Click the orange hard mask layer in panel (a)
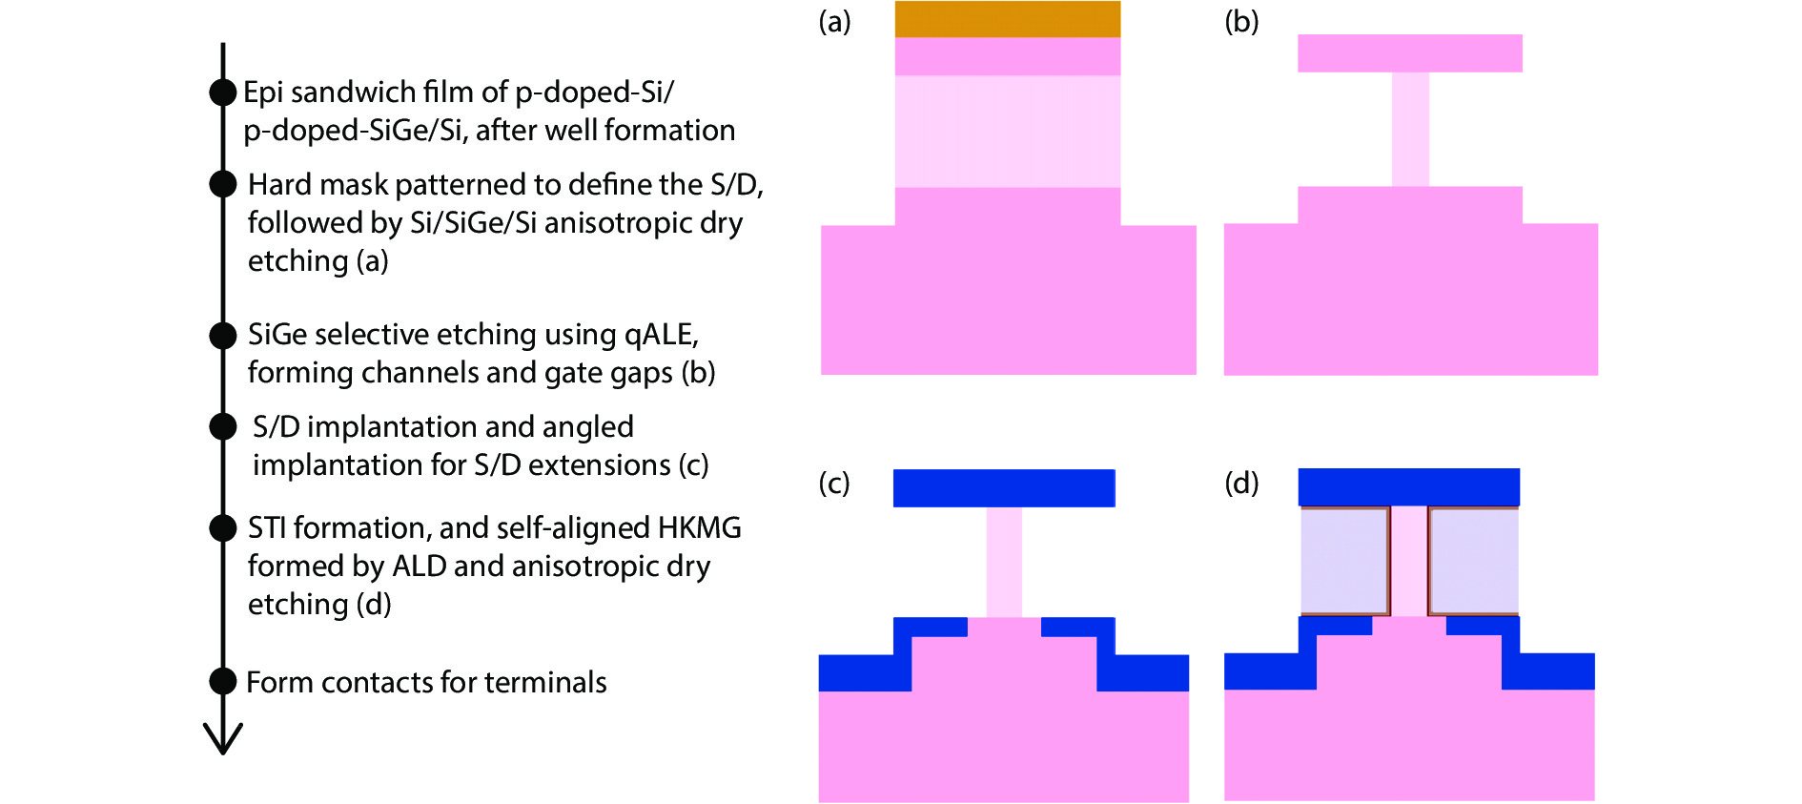(1007, 19)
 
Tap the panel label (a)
(834, 21)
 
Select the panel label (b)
(1241, 21)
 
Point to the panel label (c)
(834, 483)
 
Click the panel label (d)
(1241, 483)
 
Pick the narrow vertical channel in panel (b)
(1410, 129)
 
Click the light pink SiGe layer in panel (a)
(1007, 131)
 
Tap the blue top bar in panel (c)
(1004, 487)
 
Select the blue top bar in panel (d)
(1408, 486)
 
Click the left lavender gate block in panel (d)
(1344, 561)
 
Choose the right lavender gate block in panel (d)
(1474, 561)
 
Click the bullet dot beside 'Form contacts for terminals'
(223, 681)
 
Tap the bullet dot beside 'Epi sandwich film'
(223, 93)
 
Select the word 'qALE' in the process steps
(661, 334)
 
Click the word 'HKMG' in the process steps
(699, 527)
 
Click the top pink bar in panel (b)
(1409, 53)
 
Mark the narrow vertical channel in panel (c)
(1004, 562)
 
